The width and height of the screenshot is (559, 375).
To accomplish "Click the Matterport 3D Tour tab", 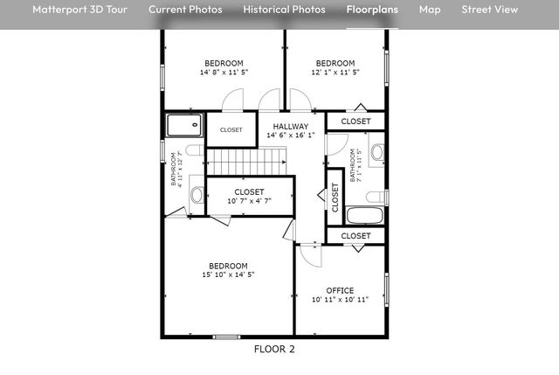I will click(79, 10).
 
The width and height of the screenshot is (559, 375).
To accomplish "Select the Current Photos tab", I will click(185, 10).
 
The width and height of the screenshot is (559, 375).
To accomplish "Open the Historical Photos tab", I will click(284, 10).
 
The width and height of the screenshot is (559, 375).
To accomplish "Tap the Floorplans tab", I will click(372, 10).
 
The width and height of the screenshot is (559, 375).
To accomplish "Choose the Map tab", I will click(430, 10).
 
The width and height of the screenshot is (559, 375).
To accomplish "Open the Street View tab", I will click(490, 10).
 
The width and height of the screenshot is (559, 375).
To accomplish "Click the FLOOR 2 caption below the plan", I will click(274, 349).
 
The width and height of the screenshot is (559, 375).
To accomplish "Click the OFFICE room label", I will click(340, 290).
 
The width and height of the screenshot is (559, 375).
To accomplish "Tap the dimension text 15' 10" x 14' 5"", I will click(227, 274).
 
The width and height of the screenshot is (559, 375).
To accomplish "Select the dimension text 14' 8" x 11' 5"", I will click(224, 73).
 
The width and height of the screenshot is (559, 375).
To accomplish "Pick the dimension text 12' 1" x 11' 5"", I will click(335, 73).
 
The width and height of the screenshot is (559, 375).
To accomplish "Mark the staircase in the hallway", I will click(246, 161).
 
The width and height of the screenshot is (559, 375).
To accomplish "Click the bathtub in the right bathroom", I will click(364, 216).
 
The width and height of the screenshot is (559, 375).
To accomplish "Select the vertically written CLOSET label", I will click(334, 198).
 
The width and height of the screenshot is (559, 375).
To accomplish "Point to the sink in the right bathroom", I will click(377, 153).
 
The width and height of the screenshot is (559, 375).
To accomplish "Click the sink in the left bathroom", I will click(196, 194).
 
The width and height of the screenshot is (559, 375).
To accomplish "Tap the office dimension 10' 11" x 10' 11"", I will click(340, 300).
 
